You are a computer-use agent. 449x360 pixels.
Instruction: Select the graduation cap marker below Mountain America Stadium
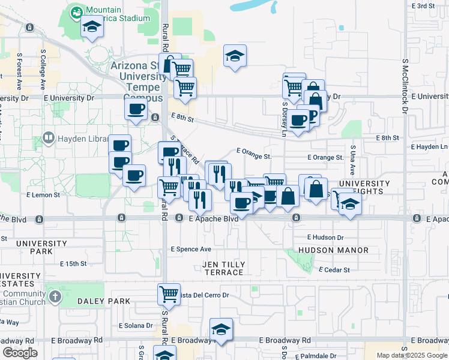point(92,28)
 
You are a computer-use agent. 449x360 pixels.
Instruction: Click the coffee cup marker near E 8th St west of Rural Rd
point(136,110)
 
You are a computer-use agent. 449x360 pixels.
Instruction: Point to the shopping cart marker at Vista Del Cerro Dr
point(169,295)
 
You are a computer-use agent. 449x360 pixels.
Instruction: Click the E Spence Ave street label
point(191,249)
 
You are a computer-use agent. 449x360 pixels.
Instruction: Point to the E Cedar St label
point(334,270)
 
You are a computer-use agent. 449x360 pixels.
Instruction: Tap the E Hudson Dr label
point(325,238)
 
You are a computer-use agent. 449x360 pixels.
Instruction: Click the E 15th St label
point(74,263)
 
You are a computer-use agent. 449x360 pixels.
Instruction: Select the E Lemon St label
point(43,195)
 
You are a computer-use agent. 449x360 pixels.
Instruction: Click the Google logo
point(20,353)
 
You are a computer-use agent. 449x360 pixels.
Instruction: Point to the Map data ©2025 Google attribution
point(411,355)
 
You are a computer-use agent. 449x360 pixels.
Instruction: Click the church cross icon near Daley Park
point(55,296)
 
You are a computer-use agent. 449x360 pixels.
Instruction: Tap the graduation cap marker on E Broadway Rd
point(221,330)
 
